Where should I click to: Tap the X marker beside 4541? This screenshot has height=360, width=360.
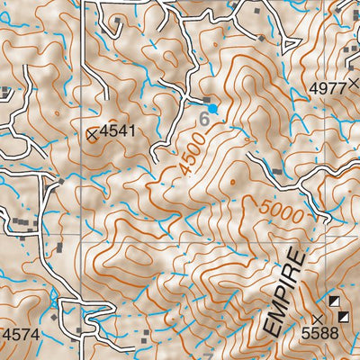point(93,134)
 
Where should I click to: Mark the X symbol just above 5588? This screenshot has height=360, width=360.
point(317,319)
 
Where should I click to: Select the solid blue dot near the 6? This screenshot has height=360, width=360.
point(213,109)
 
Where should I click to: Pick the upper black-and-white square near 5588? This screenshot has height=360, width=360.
point(334,301)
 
